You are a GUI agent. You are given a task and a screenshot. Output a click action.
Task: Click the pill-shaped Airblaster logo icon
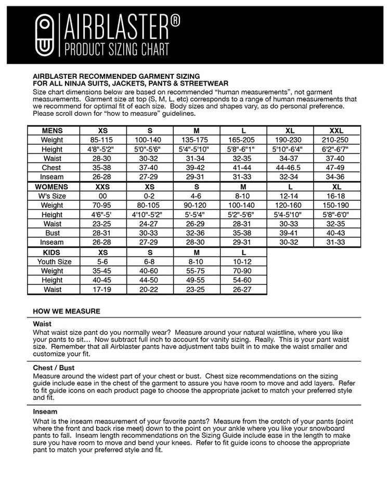(45, 34)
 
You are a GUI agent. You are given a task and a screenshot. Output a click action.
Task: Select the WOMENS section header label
(52, 186)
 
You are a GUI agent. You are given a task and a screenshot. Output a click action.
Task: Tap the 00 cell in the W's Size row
(103, 196)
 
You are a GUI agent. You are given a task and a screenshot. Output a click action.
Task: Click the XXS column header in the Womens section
(103, 186)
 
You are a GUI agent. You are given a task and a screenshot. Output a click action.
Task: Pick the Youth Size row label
(54, 262)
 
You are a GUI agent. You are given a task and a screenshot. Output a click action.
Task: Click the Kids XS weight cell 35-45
(103, 271)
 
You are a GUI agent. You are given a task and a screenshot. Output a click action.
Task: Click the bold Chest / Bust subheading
(54, 367)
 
